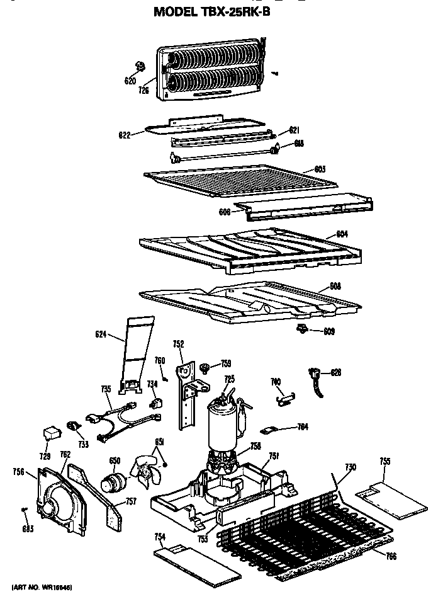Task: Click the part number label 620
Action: point(130,81)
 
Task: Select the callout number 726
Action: point(143,90)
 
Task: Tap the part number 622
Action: point(124,135)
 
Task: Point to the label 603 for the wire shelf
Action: point(320,169)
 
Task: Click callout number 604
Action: point(342,234)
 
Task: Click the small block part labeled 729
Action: point(50,433)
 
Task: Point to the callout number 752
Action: point(178,344)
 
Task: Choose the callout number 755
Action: point(384,462)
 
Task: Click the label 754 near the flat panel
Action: point(160,537)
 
